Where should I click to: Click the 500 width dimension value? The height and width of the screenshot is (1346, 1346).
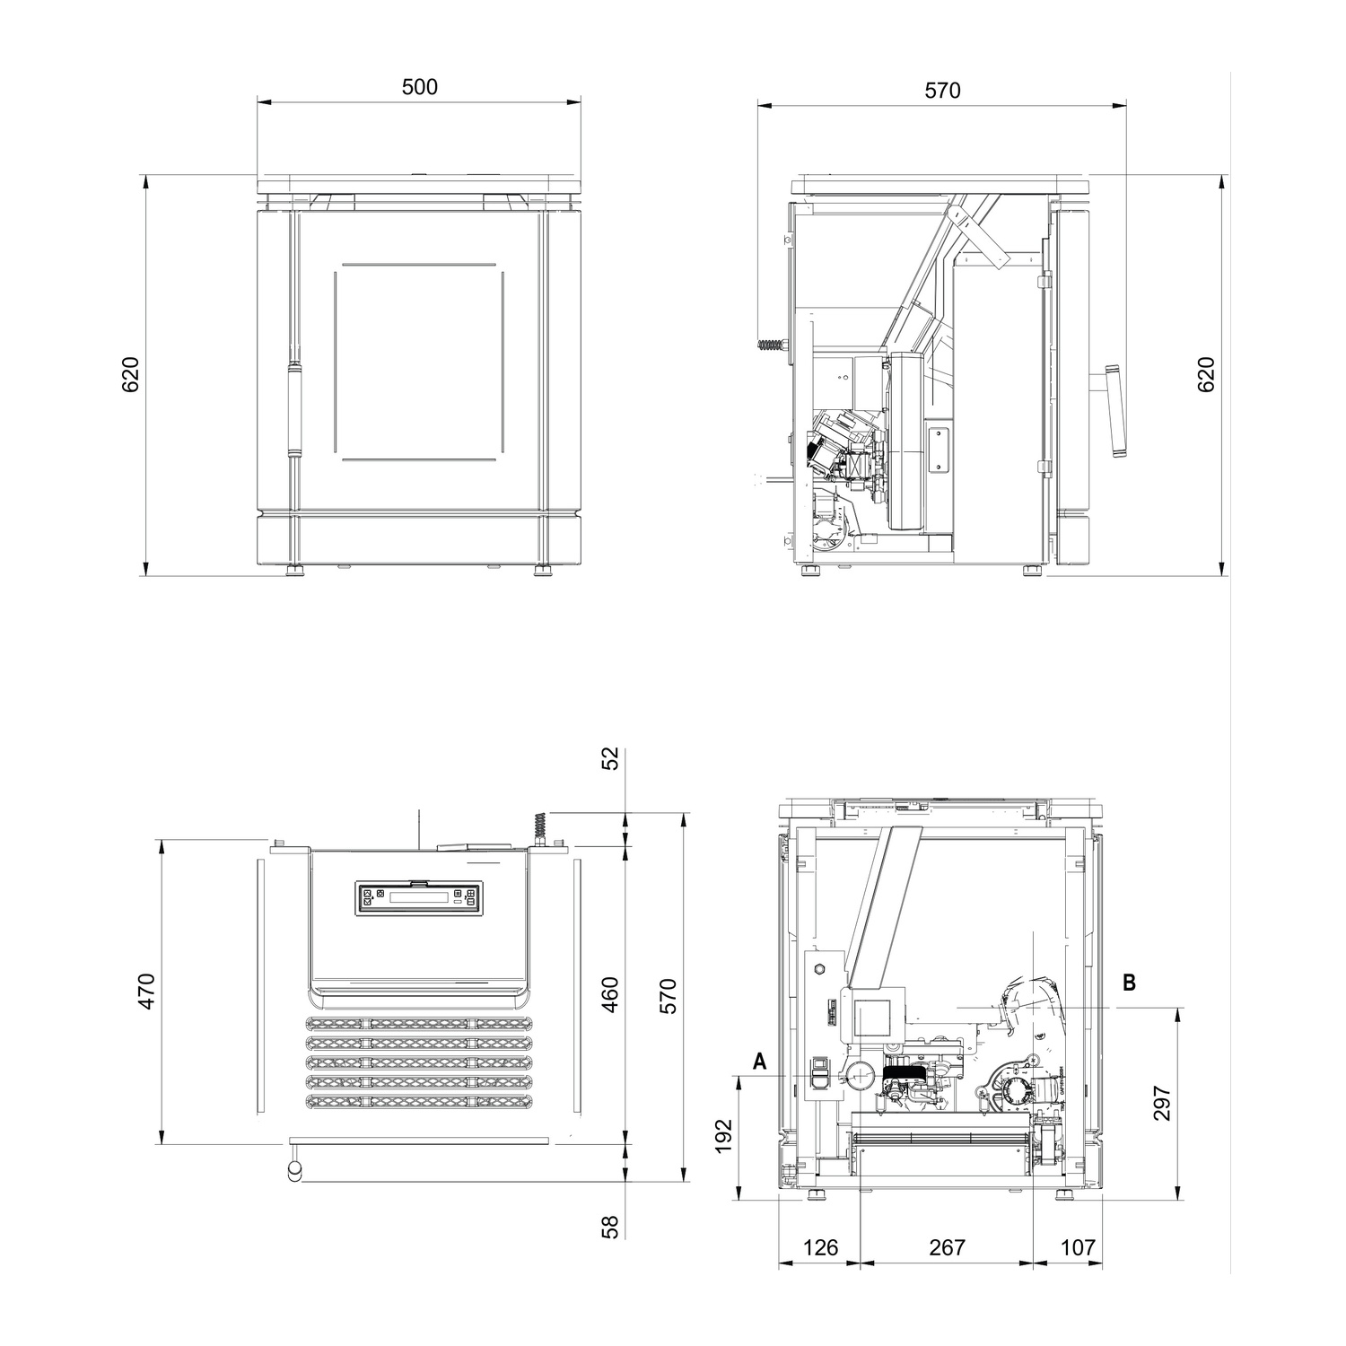pyautogui.click(x=419, y=87)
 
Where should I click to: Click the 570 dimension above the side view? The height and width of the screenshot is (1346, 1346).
pyautogui.click(x=942, y=91)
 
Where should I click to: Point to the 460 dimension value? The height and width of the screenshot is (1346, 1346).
pyautogui.click(x=610, y=994)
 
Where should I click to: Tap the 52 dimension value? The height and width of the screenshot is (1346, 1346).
pyautogui.click(x=610, y=759)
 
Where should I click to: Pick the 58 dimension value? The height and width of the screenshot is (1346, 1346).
pyautogui.click(x=610, y=1227)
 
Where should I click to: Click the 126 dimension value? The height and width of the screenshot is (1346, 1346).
pyautogui.click(x=820, y=1247)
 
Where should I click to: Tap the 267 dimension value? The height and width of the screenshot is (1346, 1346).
pyautogui.click(x=947, y=1247)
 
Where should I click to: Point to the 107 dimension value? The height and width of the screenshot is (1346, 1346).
pyautogui.click(x=1078, y=1247)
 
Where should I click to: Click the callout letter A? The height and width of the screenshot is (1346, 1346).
pyautogui.click(x=760, y=1062)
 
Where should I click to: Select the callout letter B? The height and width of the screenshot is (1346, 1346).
pyautogui.click(x=1130, y=983)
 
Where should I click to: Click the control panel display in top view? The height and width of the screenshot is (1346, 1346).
pyautogui.click(x=420, y=897)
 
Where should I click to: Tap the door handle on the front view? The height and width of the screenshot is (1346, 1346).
pyautogui.click(x=292, y=409)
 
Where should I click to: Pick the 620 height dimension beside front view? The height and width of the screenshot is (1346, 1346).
pyautogui.click(x=130, y=374)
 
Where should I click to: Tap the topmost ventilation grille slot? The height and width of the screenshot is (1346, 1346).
pyautogui.click(x=420, y=1024)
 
